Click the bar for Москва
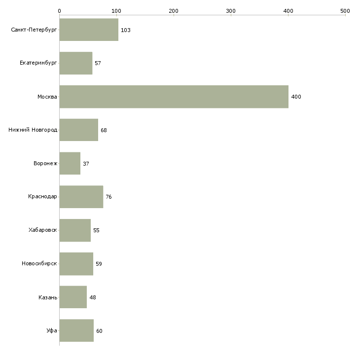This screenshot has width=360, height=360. pyautogui.click(x=174, y=97)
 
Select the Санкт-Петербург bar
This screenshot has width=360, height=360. pyautogui.click(x=89, y=30)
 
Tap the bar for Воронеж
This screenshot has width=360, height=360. pyautogui.click(x=70, y=163)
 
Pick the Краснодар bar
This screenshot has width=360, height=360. pyautogui.click(x=81, y=197)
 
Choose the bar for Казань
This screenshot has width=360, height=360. pyautogui.click(x=73, y=297)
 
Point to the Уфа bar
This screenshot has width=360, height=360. pyautogui.click(x=76, y=330)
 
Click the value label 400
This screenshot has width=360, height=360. pyautogui.click(x=296, y=97)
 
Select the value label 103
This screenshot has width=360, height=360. pyautogui.click(x=125, y=30)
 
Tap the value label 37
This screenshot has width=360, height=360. pyautogui.click(x=86, y=164)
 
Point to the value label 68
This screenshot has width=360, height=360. pyautogui.click(x=104, y=130)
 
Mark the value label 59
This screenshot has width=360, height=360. pyautogui.click(x=99, y=264)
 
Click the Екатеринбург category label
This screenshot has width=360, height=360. pyautogui.click(x=38, y=63)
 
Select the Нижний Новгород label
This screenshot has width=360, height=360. pyautogui.click(x=33, y=130)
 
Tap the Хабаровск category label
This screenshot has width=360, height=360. pyautogui.click(x=43, y=230)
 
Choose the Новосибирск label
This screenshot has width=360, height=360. pyautogui.click(x=39, y=264)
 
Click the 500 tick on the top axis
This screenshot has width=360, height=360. pyautogui.click(x=345, y=10)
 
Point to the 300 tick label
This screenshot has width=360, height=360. pyautogui.click(x=231, y=10)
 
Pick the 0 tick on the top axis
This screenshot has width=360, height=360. pyautogui.click(x=59, y=10)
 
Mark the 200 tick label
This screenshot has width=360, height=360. pyautogui.click(x=174, y=10)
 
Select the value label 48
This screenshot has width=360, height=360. pyautogui.click(x=93, y=297)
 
